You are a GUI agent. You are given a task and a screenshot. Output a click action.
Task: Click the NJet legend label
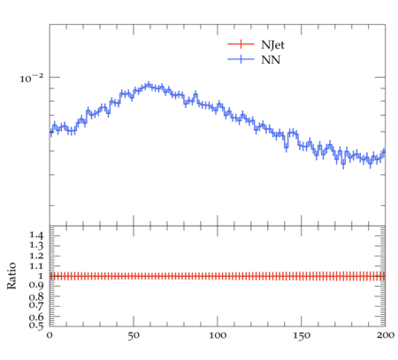pyautogui.click(x=272, y=45)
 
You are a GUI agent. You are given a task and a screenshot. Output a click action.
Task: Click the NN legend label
pyautogui.click(x=271, y=60)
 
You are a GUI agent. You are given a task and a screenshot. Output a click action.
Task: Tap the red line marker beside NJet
pyautogui.click(x=241, y=44)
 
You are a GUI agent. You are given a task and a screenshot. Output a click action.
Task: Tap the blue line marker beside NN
pyautogui.click(x=241, y=59)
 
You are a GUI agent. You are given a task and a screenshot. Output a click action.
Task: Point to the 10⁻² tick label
pyautogui.click(x=31, y=78)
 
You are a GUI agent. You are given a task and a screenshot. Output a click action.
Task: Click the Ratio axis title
pyautogui.click(x=11, y=276)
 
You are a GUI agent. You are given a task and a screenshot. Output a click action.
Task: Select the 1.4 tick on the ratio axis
pyautogui.click(x=36, y=235)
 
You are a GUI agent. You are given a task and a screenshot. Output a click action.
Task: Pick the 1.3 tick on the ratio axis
pyautogui.click(x=36, y=245)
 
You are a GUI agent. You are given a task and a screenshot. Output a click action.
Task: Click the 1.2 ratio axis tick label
pyautogui.click(x=36, y=256)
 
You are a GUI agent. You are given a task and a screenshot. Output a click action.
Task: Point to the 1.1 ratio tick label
pyautogui.click(x=36, y=266)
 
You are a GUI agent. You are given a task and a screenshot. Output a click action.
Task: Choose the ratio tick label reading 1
pyautogui.click(x=41, y=276)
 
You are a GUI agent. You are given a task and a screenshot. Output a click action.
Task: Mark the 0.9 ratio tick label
pyautogui.click(x=36, y=285)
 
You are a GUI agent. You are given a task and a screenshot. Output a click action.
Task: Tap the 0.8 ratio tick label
pyautogui.click(x=36, y=296)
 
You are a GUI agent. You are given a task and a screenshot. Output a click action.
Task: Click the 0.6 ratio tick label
pyautogui.click(x=36, y=317)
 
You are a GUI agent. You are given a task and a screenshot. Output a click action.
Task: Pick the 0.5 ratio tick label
pyautogui.click(x=36, y=325)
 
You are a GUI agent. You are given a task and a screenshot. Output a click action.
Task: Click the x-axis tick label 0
pyautogui.click(x=50, y=335)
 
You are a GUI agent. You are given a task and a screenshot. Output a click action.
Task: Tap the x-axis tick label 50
pyautogui.click(x=134, y=335)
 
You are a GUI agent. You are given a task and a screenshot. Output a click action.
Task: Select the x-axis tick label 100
pyautogui.click(x=218, y=335)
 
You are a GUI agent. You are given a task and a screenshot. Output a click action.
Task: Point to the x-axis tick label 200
pyautogui.click(x=385, y=335)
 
